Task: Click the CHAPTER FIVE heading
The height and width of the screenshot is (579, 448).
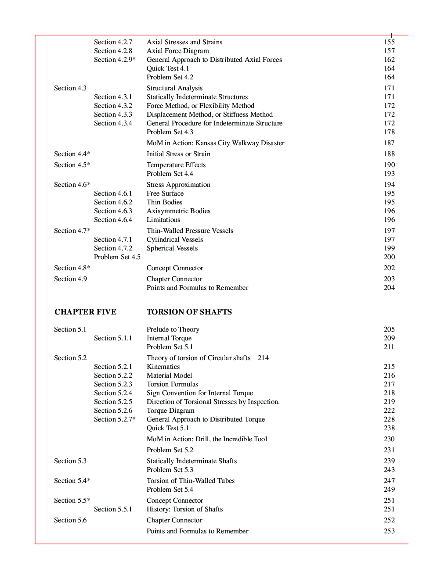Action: [x=85, y=312]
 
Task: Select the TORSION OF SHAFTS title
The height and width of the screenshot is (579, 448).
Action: [x=189, y=312]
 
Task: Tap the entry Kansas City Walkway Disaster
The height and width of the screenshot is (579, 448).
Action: [x=215, y=143]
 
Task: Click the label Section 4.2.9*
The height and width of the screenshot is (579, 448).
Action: [x=115, y=60]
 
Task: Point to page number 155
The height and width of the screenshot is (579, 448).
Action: [x=389, y=42]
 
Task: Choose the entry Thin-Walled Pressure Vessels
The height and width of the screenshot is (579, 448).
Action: [x=190, y=231]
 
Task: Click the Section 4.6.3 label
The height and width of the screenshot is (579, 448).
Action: [x=113, y=211]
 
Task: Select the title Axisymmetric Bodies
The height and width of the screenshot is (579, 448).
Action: [x=178, y=211]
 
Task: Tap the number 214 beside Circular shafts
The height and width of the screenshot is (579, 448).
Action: [x=263, y=358]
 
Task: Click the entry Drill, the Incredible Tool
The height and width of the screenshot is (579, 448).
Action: [x=206, y=439]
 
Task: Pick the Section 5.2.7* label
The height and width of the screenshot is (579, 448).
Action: [x=115, y=419]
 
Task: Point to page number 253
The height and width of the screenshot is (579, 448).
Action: [x=389, y=531]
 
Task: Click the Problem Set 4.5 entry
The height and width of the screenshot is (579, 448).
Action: [x=117, y=257]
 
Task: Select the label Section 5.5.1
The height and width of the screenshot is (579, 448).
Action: [x=113, y=509]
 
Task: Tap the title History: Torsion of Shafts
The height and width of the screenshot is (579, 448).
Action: [x=184, y=509]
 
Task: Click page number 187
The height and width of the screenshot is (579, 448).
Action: [x=389, y=143]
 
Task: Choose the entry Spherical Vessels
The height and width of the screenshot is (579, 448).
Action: [x=172, y=248]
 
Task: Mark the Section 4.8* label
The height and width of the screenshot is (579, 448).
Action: [x=72, y=268]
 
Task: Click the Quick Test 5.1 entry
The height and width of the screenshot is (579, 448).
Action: [x=168, y=428]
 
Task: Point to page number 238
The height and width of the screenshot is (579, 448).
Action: [x=389, y=428]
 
